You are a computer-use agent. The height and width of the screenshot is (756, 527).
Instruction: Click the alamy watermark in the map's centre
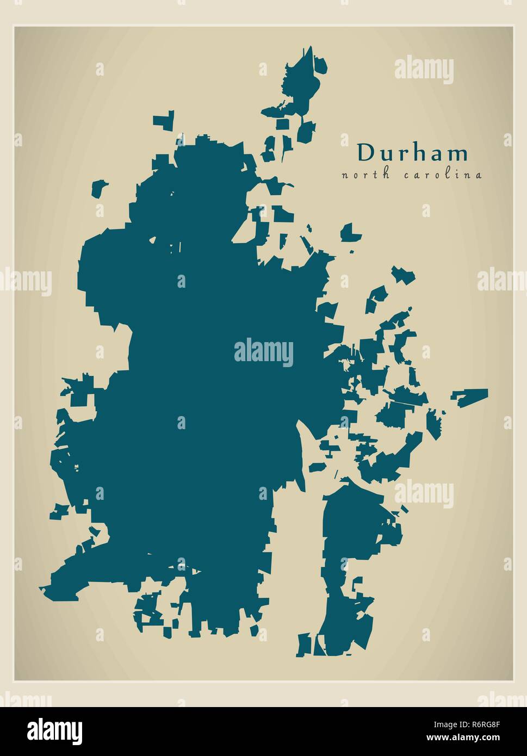coord(264,352)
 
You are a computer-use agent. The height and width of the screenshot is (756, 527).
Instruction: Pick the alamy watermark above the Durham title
coord(424,70)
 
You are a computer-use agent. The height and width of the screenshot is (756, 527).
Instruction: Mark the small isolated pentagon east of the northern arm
coord(350,232)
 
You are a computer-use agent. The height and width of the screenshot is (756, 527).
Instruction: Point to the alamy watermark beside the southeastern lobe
coord(424,493)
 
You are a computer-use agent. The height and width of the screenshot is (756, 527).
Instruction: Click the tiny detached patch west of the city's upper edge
coord(98,188)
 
